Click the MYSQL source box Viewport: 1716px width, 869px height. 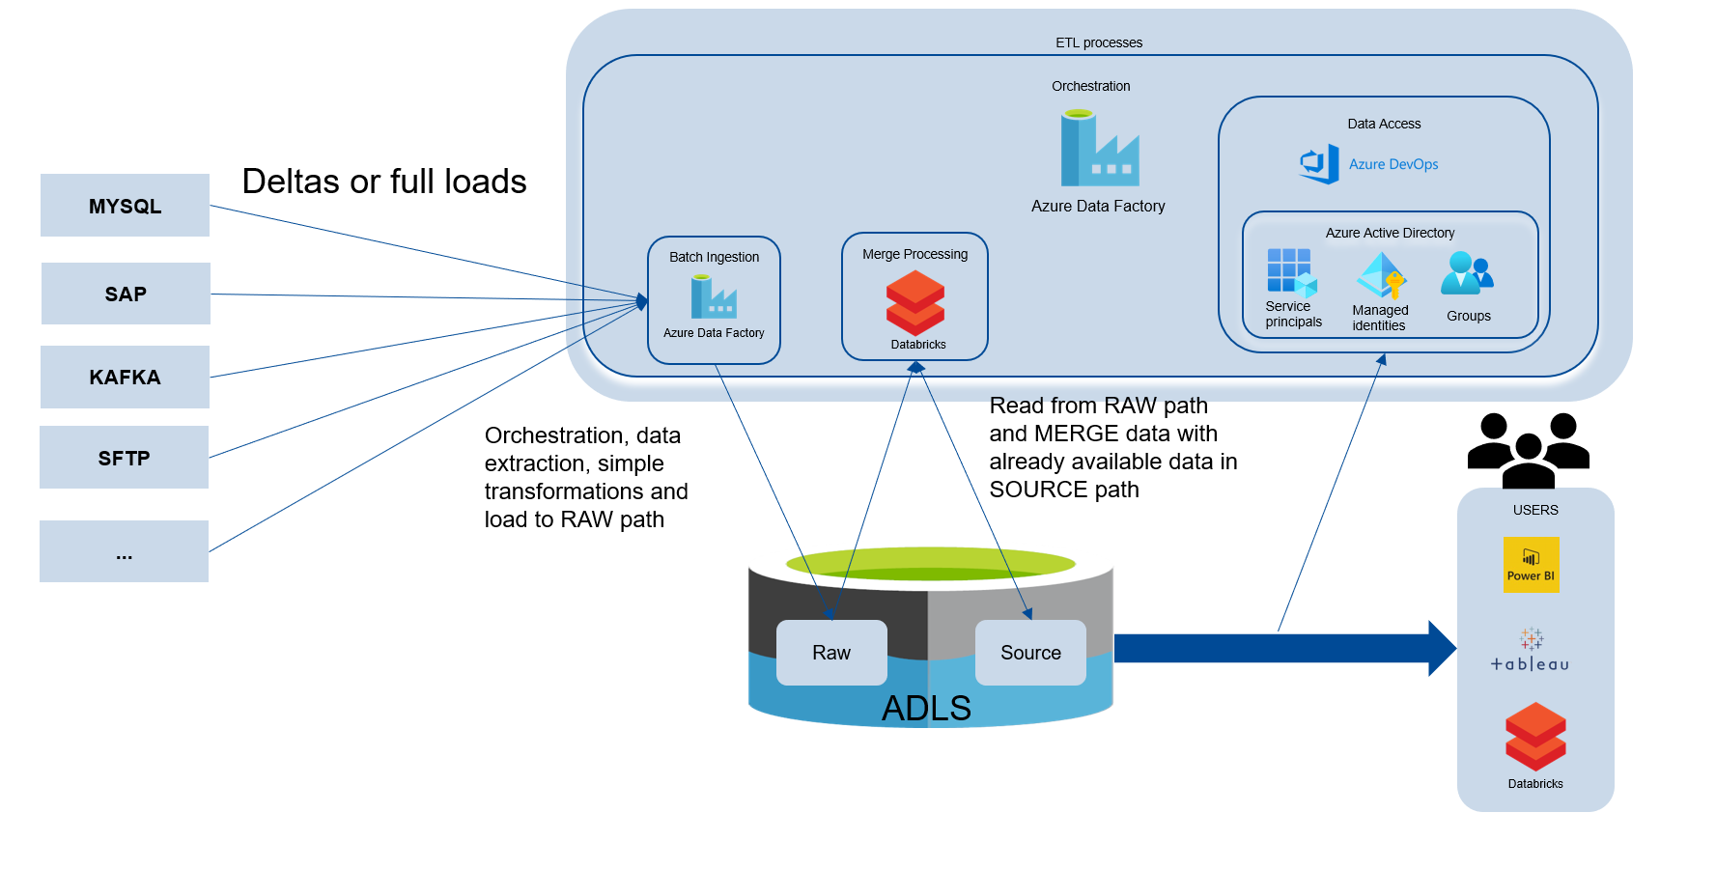125,206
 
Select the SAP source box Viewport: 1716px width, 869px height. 126,294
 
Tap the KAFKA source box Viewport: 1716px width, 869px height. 125,377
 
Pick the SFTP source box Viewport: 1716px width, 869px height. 124,458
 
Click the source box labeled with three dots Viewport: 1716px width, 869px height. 124,551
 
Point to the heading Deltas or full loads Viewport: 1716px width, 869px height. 383,182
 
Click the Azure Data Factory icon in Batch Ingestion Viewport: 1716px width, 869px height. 714,297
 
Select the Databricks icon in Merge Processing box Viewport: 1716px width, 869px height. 914,302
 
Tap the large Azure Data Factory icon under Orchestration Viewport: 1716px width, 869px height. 1099,149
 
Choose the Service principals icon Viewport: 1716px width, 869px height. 1291,272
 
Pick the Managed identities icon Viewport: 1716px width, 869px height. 1381,276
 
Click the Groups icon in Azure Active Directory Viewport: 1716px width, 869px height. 1467,274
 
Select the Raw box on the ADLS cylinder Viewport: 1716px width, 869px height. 831,653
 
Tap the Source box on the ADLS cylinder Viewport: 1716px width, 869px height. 1030,653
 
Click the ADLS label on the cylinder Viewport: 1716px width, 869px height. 926,709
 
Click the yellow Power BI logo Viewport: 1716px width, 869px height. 1531,565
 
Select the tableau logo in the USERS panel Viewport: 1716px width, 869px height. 1531,651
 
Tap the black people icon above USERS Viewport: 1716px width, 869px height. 1528,450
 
